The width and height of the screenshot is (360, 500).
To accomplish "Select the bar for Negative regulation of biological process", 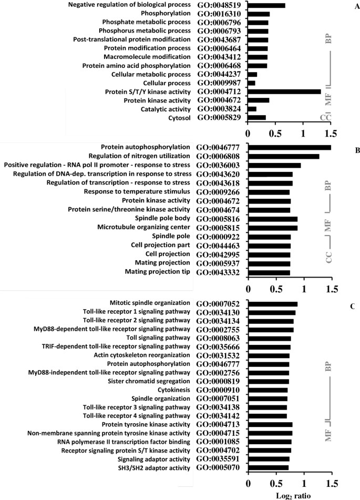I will (266, 5).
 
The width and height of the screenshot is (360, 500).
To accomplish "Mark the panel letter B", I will (343, 150).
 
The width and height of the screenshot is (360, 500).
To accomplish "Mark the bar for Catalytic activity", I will (252, 109).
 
